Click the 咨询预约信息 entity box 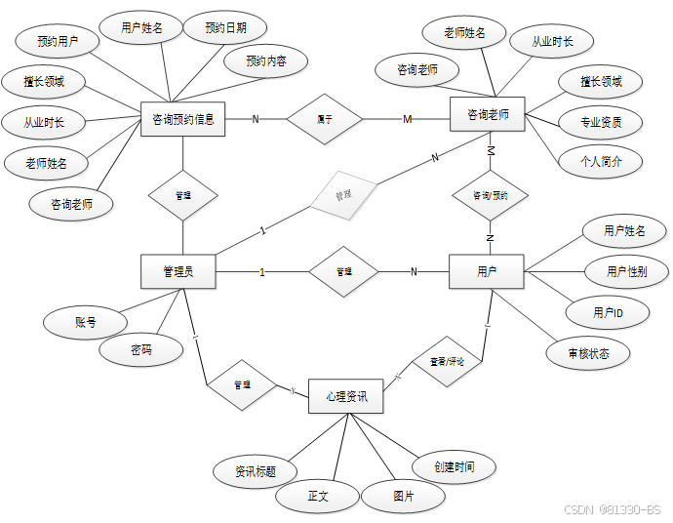coord(183,119)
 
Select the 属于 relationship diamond coord(325,119)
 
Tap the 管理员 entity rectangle coord(178,271)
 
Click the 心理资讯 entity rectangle coord(345,396)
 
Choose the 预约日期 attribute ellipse coord(225,28)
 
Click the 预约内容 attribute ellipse coord(266,61)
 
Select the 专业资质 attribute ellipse coord(600,122)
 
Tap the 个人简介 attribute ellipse coord(600,160)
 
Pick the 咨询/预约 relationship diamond coord(491,195)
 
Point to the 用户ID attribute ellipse coord(608,312)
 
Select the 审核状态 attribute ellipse coord(588,353)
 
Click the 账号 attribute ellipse coord(86,321)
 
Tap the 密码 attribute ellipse coord(141,349)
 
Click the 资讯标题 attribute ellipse coord(255,471)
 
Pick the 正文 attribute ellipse coord(318,497)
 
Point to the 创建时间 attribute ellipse coord(455,467)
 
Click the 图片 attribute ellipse coord(404,497)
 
